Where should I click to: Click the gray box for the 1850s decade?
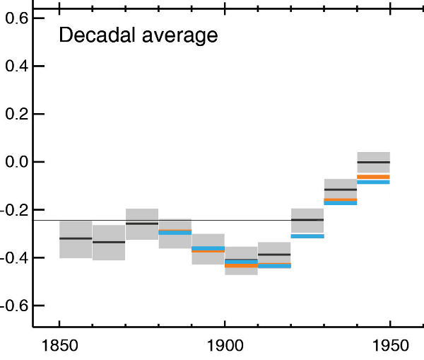pyautogui.click(x=76, y=248)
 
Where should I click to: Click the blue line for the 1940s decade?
pyautogui.click(x=374, y=182)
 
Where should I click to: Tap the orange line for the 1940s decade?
pyautogui.click(x=374, y=176)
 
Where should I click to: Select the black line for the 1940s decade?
pyautogui.click(x=374, y=162)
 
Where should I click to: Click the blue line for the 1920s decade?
pyautogui.click(x=307, y=236)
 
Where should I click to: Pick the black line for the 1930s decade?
pyautogui.click(x=341, y=190)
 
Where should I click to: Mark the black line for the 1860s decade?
pyautogui.click(x=109, y=242)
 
